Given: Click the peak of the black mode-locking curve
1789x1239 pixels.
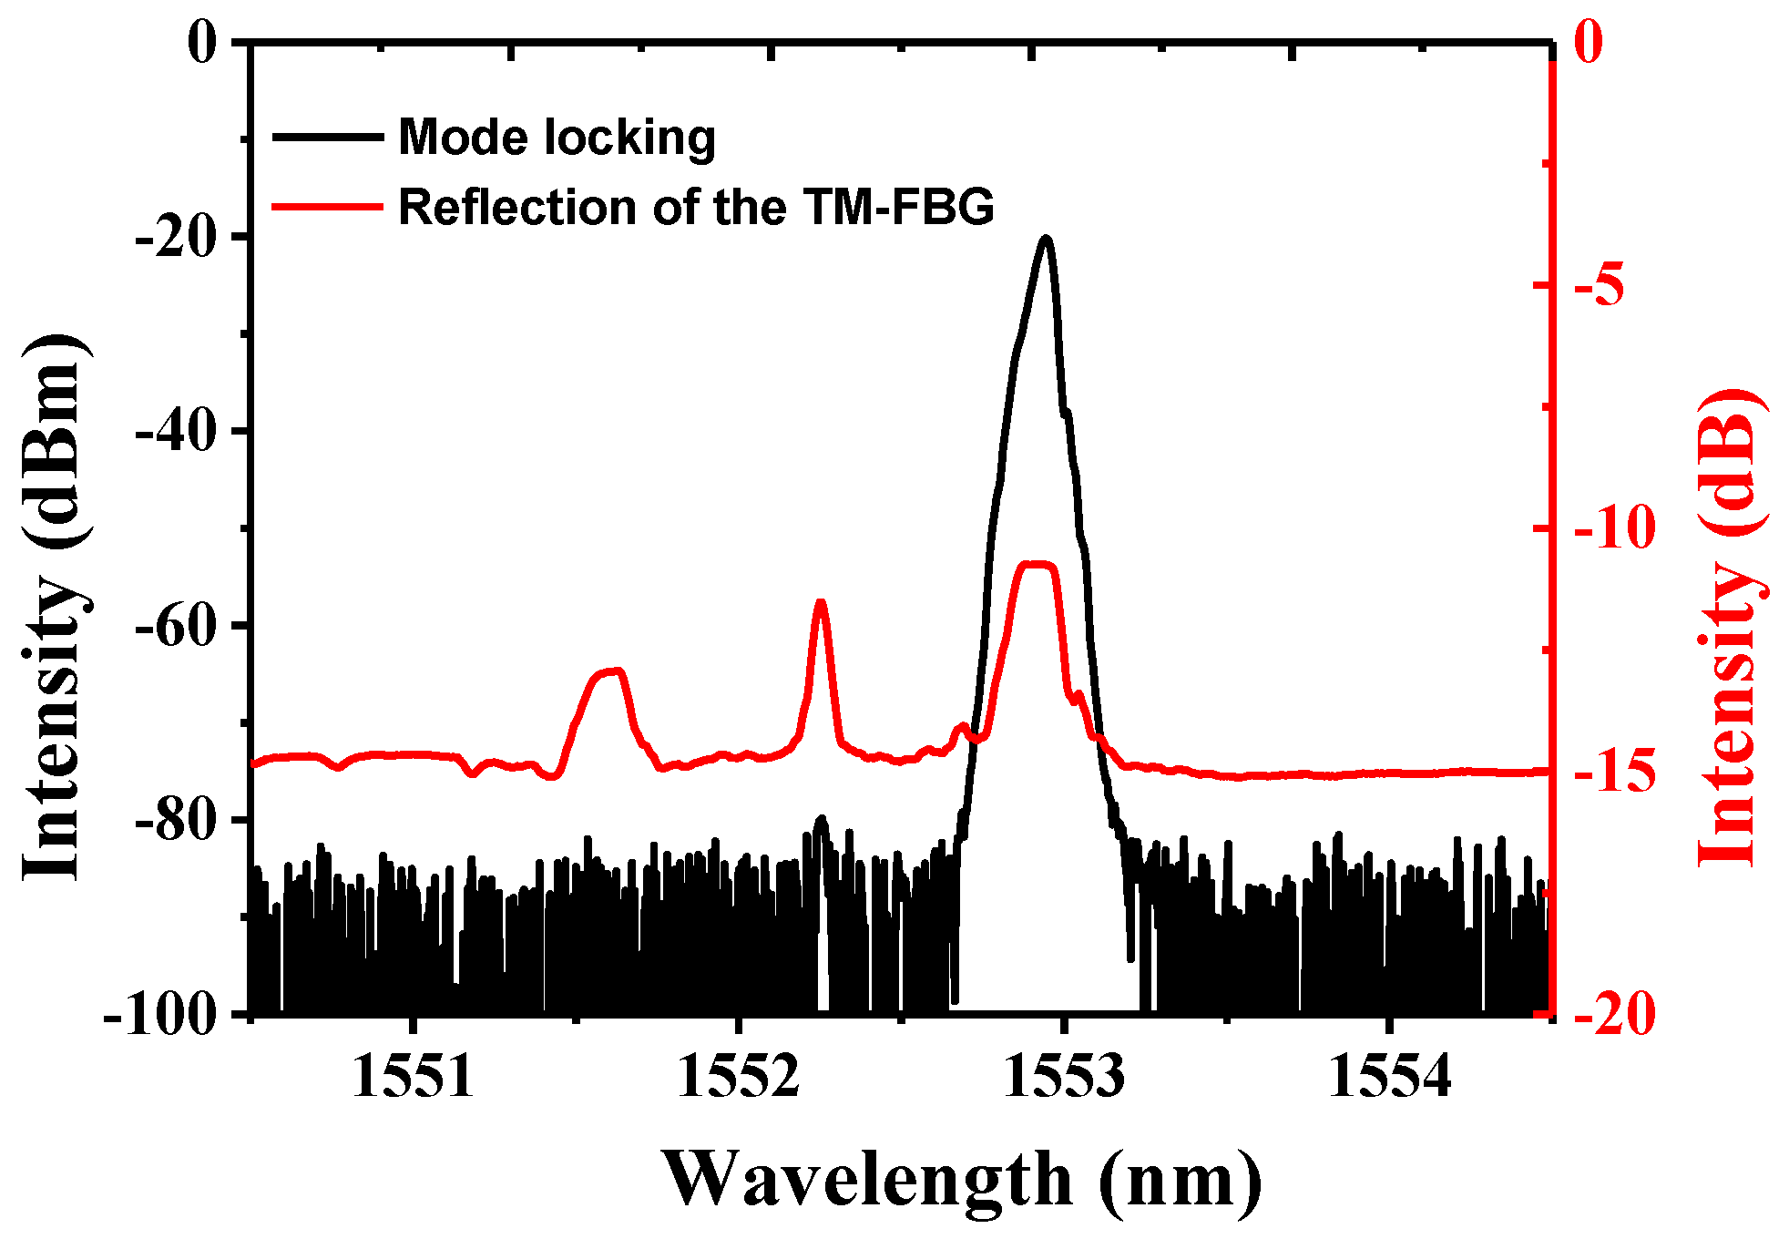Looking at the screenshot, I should point(1046,240).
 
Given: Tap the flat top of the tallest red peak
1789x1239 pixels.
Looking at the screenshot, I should point(1038,566).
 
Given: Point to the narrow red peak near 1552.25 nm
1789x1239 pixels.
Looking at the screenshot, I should point(821,604).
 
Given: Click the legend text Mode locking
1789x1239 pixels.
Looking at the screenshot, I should point(557,138).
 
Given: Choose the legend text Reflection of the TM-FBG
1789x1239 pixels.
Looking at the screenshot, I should point(696,208).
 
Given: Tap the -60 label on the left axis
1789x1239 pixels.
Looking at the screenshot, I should point(178,627).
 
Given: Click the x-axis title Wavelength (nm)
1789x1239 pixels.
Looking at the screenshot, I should point(962,1180).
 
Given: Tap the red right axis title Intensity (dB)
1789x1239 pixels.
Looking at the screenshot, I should point(1731,629).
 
